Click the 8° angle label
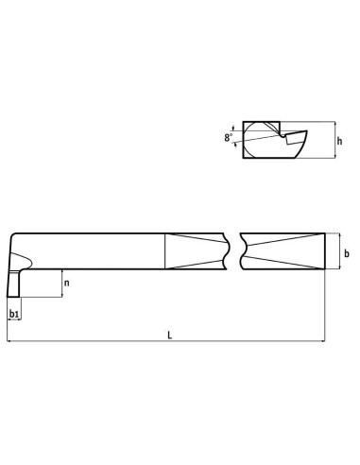(x=228, y=138)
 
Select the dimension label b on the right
(x=347, y=253)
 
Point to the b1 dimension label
(x=13, y=312)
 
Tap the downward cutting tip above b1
(x=13, y=284)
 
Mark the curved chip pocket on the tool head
(x=26, y=258)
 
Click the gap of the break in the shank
(x=234, y=250)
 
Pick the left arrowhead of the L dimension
(x=9, y=343)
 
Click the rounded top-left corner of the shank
(x=11, y=235)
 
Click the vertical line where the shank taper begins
(x=163, y=250)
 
